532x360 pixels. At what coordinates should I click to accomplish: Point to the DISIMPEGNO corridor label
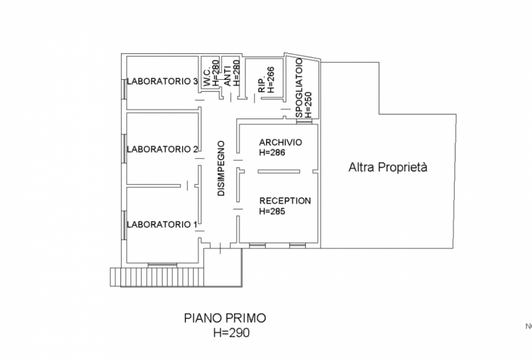point(222,167)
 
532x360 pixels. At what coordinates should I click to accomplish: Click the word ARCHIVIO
point(281,142)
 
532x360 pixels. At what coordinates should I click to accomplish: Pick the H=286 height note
point(272,153)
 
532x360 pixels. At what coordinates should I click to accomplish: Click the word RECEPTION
point(285,200)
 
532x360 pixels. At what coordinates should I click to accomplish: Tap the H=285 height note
point(272,212)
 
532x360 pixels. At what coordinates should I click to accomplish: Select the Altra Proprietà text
point(387,168)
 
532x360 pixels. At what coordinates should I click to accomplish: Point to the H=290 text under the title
point(231,332)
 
